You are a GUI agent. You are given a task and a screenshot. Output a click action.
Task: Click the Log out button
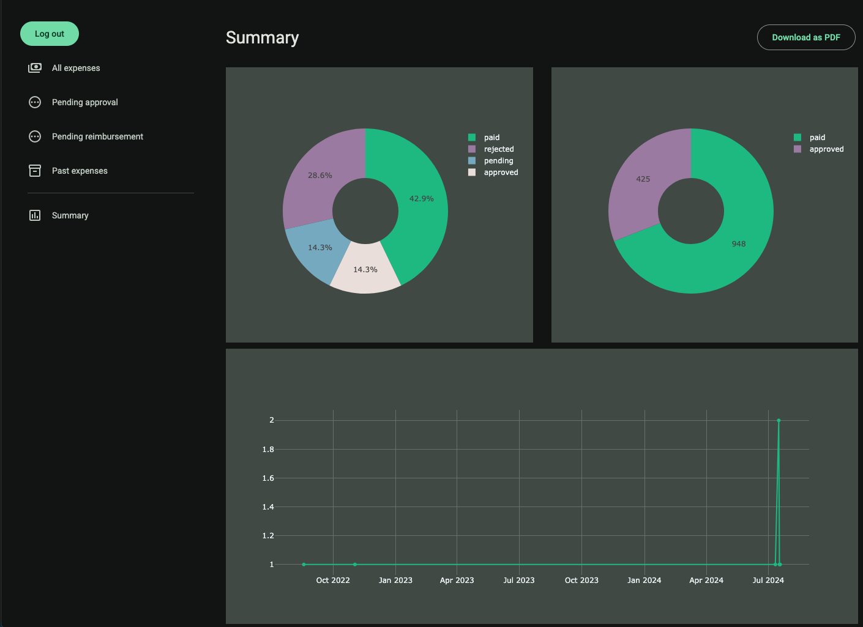pos(50,34)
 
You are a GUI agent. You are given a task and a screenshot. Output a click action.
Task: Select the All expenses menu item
pos(76,68)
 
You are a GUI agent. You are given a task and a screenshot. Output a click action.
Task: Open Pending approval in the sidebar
pos(84,102)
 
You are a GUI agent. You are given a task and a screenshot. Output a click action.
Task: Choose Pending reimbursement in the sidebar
pos(97,136)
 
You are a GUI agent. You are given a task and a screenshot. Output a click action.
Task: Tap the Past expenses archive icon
pos(35,171)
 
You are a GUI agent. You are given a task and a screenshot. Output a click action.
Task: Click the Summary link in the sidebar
pos(70,215)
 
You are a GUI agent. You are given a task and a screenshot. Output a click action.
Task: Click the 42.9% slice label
pos(421,199)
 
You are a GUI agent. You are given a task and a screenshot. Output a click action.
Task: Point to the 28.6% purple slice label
pos(319,176)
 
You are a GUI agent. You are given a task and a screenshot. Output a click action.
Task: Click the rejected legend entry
pos(498,149)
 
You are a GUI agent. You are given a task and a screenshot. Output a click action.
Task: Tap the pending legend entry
pos(498,161)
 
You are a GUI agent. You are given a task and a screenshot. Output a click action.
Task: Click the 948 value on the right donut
pos(739,244)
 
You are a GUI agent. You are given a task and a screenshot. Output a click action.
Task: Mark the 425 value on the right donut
pos(643,179)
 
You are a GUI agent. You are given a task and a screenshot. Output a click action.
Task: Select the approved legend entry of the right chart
pos(826,149)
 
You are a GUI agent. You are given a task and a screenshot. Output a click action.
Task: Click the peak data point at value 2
pos(779,420)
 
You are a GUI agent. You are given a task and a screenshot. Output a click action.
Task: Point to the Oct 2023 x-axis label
pos(581,580)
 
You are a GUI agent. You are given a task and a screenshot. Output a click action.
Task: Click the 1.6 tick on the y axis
pos(268,478)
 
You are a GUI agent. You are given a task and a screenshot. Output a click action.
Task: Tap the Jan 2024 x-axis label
pos(644,580)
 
